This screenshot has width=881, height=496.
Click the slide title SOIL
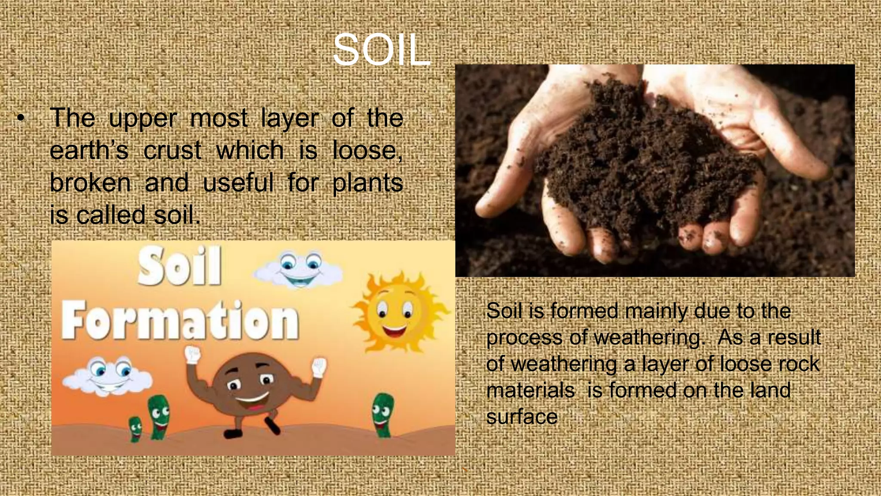pyautogui.click(x=381, y=50)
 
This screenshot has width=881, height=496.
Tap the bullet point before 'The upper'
pyautogui.click(x=20, y=118)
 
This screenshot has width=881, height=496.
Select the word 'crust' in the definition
pyautogui.click(x=172, y=151)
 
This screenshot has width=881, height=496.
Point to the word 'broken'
pyautogui.click(x=90, y=183)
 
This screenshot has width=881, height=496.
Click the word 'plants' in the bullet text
pyautogui.click(x=367, y=183)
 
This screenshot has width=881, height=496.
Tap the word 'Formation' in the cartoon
pyautogui.click(x=180, y=321)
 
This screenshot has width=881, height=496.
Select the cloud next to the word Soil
pyautogui.click(x=299, y=270)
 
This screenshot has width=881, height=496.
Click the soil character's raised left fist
pyautogui.click(x=192, y=356)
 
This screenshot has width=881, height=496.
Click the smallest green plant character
pyautogui.click(x=136, y=429)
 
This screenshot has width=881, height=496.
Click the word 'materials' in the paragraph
pyautogui.click(x=530, y=391)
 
